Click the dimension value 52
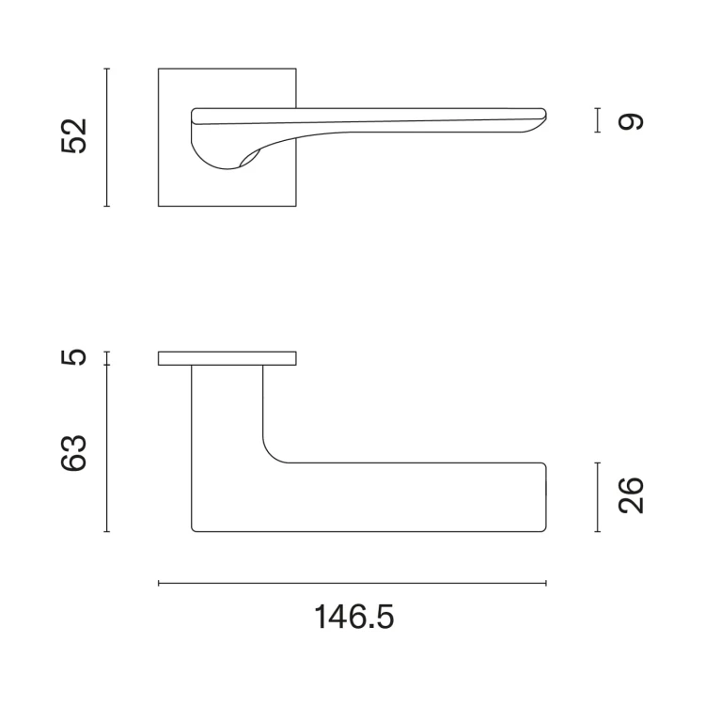[73, 136]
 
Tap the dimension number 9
[631, 122]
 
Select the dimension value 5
[73, 357]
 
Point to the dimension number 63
[73, 453]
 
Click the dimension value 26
[631, 495]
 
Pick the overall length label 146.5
[354, 617]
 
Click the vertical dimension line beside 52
[106, 137]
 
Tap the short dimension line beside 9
[598, 120]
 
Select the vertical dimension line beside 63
[106, 448]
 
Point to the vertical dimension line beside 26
[598, 497]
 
